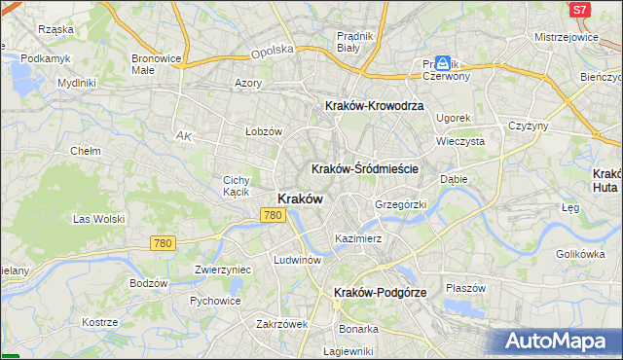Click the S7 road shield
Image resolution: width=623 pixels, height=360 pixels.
click(x=580, y=10)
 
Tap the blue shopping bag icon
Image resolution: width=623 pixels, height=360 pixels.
click(x=443, y=61)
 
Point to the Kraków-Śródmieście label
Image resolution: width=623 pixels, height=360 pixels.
click(x=365, y=168)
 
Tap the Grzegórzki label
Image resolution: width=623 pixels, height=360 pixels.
click(x=401, y=205)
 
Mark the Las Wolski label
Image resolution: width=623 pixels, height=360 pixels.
click(x=99, y=219)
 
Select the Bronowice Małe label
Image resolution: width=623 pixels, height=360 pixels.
click(x=157, y=64)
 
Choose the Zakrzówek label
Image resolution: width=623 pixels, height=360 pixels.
click(x=281, y=324)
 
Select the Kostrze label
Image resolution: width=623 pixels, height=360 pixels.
click(x=100, y=322)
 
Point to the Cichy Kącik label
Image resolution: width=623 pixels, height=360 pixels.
click(x=238, y=186)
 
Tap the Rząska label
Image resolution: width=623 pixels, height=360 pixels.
click(x=55, y=29)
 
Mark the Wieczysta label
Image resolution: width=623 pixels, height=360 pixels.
click(x=460, y=141)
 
